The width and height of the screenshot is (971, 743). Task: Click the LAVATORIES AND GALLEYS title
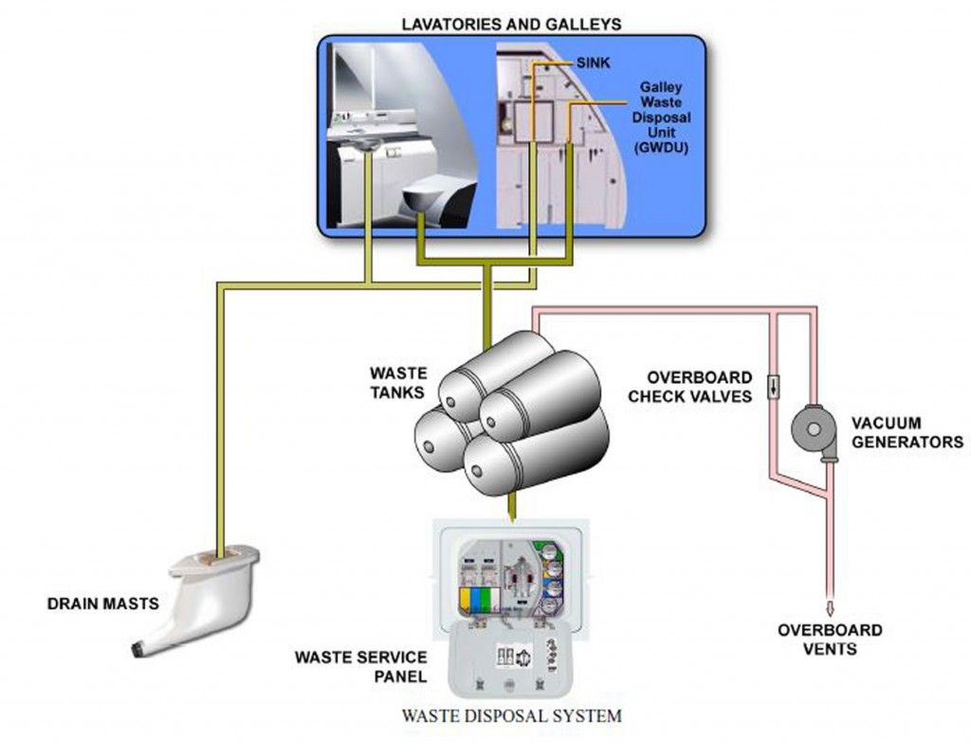coord(511,24)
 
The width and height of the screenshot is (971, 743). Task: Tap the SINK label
coord(593,63)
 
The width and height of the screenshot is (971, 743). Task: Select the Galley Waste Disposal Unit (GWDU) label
coord(661,118)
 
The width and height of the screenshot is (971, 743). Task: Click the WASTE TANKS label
coord(398,383)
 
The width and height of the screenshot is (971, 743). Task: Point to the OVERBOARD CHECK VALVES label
coord(690,387)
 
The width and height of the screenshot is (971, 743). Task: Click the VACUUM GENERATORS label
coord(907,432)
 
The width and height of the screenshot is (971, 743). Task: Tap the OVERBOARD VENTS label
coord(830,639)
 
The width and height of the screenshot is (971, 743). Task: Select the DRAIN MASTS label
coord(102,603)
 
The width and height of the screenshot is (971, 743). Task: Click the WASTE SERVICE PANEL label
coord(361,665)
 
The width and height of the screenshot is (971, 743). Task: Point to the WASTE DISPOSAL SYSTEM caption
coord(511,716)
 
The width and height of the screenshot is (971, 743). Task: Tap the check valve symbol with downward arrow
coord(774,387)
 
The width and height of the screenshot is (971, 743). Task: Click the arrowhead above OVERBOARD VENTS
coord(831,607)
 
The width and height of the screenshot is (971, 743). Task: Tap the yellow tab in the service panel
coord(465,601)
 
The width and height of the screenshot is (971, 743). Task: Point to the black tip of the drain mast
coord(138,648)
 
